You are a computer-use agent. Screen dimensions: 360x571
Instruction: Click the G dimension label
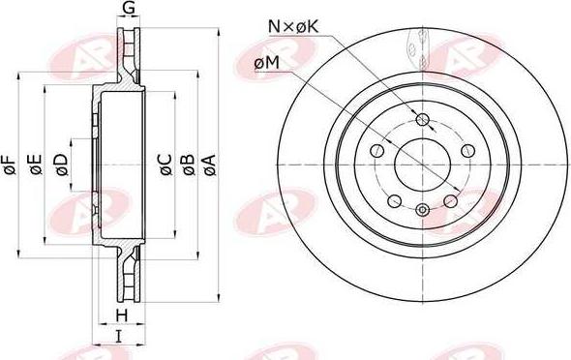coord(128,11)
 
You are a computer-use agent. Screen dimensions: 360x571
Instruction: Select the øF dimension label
coord(11,165)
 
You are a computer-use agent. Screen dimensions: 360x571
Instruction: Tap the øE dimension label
coord(36,165)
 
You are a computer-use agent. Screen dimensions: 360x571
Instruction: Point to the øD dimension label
coord(61,165)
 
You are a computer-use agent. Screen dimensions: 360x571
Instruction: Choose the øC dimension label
coord(165,165)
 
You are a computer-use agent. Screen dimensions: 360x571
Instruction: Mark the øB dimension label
coord(188,165)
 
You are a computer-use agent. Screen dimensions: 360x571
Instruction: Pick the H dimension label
coord(122,317)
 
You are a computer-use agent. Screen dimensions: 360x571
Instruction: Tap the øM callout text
coord(267,63)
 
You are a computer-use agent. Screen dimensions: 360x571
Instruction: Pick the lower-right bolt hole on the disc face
coord(450,200)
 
